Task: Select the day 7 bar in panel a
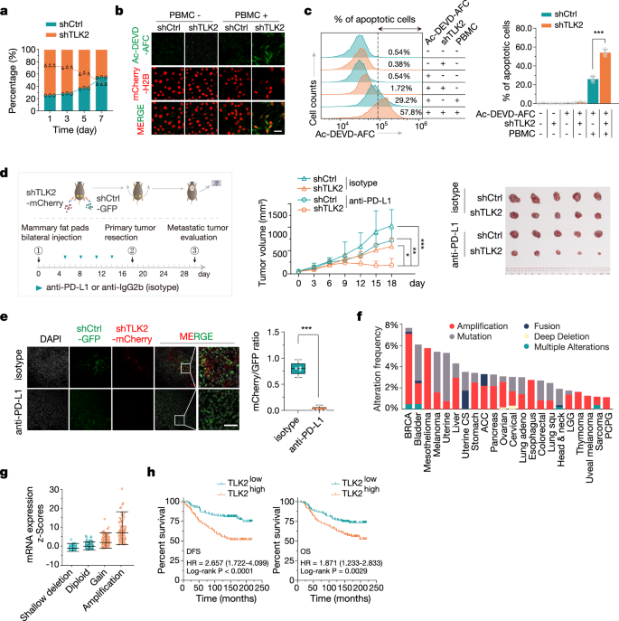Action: [105, 77]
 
